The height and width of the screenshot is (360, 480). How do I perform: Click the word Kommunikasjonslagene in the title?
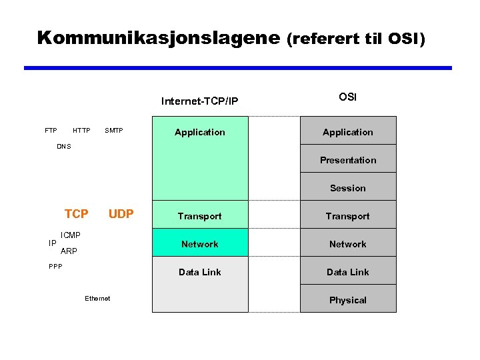coord(159,37)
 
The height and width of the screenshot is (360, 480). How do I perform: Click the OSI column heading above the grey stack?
coord(347,97)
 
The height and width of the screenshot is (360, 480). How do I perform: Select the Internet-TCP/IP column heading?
coord(200,101)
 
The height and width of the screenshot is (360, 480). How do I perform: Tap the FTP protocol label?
coord(51,131)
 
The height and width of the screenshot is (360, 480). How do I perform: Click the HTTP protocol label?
coord(81,131)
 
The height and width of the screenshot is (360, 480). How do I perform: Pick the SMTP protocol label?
coord(114,131)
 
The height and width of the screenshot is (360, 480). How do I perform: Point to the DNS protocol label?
coord(64,146)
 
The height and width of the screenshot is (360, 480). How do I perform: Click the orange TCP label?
coord(76,214)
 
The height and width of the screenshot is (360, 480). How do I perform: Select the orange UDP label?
coord(121,214)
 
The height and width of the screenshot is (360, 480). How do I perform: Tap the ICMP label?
coord(71,235)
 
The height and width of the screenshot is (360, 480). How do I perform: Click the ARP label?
coord(69,251)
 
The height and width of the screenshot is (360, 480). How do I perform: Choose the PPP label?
coord(55,267)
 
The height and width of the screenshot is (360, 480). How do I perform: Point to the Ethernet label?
coord(97,298)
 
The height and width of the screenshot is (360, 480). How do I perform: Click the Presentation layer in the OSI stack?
coord(348,160)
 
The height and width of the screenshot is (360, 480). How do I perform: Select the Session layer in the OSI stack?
coord(348,188)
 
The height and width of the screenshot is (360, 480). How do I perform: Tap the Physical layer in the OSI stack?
coord(348,300)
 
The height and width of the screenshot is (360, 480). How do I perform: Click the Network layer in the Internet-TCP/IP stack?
coord(200,244)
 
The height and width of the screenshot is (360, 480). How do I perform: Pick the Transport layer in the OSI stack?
coord(348,216)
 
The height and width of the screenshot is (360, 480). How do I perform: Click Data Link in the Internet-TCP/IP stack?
coord(200,272)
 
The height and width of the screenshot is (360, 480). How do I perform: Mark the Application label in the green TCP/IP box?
coord(200,132)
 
